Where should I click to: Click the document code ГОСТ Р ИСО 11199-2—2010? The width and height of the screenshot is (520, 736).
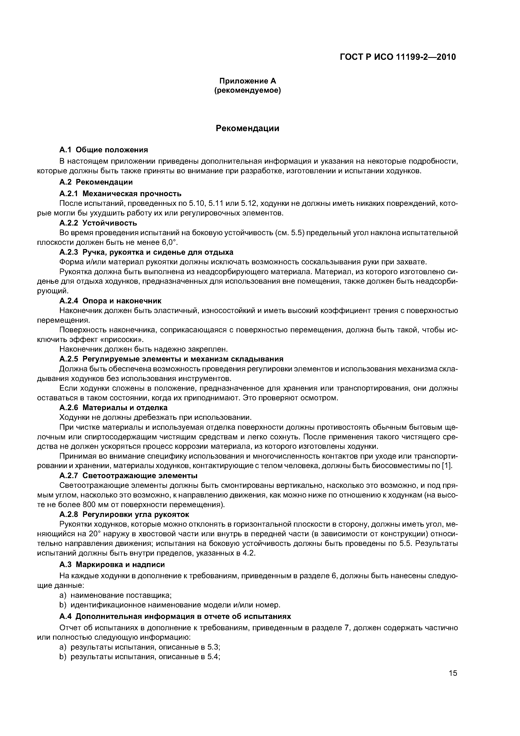pos(397,57)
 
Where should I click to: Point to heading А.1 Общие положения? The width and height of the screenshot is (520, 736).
pos(104,150)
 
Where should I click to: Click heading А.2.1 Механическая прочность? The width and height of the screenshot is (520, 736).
pos(121,194)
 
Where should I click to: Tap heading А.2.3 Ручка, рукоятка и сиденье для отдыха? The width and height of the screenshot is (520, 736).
pos(146,252)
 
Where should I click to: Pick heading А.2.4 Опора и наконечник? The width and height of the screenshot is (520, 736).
pos(110,301)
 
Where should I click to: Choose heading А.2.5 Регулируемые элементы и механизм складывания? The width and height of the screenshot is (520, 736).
pos(171,359)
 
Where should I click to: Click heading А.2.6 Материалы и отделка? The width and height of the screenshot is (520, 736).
pos(113,407)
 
